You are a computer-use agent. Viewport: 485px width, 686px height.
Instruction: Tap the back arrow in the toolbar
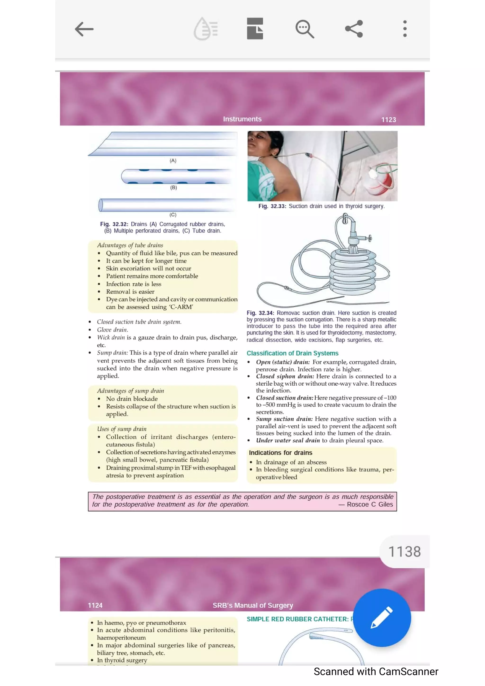84,29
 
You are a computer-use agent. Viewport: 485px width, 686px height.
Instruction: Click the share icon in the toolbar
354,29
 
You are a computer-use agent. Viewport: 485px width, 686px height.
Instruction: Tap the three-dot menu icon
405,29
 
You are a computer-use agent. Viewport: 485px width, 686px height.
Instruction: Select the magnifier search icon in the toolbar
305,29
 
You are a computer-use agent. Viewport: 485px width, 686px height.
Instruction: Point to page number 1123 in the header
388,120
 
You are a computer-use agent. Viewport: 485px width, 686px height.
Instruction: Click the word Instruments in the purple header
242,119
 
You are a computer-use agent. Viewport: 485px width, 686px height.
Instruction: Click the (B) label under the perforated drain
173,188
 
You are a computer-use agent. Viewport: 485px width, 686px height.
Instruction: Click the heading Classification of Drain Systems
292,353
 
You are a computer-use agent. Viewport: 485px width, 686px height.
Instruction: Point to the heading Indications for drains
280,453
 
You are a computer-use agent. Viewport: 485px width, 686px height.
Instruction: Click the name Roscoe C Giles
370,504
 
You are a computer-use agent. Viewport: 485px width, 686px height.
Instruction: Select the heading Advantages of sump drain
130,391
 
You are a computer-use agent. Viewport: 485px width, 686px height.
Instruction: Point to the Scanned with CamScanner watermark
376,671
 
